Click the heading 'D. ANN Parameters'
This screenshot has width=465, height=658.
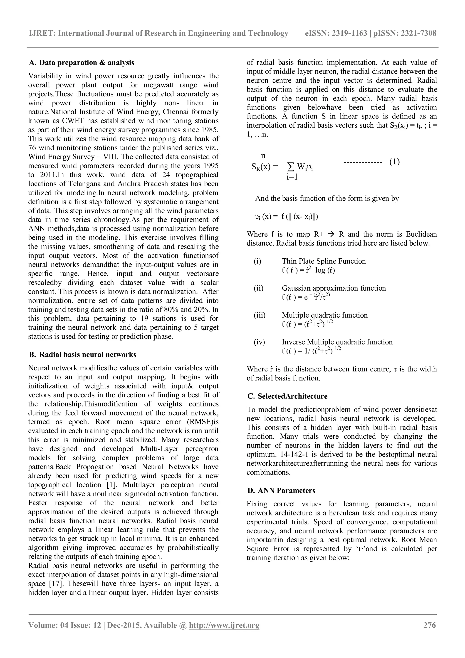[x=281, y=490]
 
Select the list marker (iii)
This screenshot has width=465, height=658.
[x=260, y=315]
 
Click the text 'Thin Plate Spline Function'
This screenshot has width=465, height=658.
[x=324, y=261]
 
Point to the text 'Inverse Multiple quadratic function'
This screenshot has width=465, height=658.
[x=337, y=342]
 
